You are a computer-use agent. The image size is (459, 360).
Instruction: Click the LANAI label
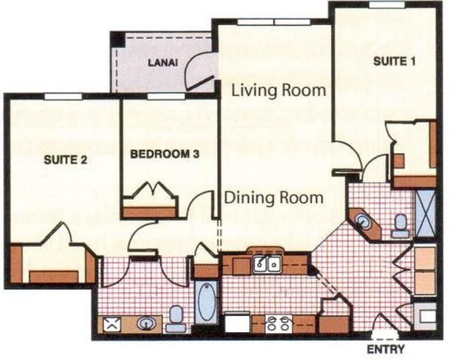pyautogui.click(x=163, y=63)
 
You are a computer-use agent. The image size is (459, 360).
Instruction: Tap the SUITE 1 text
pyautogui.click(x=395, y=61)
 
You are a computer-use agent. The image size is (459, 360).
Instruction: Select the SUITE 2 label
pyautogui.click(x=66, y=160)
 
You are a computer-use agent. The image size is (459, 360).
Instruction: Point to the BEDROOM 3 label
pyautogui.click(x=164, y=154)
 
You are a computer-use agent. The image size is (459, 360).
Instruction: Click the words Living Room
pyautogui.click(x=278, y=90)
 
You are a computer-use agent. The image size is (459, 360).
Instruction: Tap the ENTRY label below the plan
pyautogui.click(x=386, y=349)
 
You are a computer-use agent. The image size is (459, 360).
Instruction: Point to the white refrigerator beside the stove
pyautogui.click(x=237, y=323)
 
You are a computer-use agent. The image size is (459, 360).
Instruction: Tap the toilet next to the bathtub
pyautogui.click(x=176, y=318)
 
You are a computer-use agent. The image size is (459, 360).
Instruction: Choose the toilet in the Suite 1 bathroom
pyautogui.click(x=401, y=227)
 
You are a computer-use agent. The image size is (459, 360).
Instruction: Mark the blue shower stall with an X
pyautogui.click(x=425, y=213)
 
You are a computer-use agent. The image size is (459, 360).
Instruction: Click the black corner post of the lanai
pyautogui.click(x=118, y=39)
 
